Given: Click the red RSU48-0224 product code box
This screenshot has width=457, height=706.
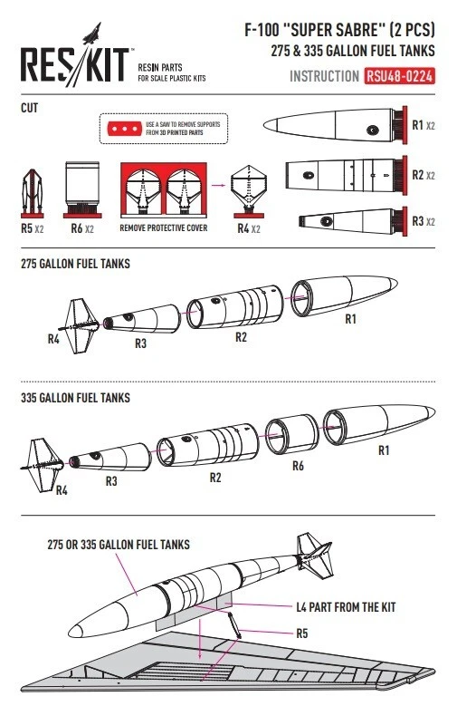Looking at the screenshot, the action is point(399,76).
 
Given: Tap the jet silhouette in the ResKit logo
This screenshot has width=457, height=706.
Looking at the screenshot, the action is point(92,34).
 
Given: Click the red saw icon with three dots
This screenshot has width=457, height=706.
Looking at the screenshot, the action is point(124,129).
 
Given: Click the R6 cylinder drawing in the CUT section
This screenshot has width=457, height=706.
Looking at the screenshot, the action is point(82,189).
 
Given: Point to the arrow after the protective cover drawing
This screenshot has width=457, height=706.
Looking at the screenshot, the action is point(219,185).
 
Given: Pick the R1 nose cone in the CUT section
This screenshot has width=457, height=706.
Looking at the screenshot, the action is point(335,125).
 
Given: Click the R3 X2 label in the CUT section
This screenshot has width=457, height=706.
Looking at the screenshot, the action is point(424,221).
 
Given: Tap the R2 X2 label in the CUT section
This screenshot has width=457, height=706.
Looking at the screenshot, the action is point(424,175).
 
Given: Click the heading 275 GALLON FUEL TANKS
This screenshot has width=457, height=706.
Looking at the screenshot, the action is point(75,264).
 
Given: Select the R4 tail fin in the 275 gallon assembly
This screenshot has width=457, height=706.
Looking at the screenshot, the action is point(79,325).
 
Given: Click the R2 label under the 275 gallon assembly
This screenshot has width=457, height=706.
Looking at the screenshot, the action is point(241,337).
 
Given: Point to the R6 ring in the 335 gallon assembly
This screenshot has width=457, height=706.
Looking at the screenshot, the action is point(291,434).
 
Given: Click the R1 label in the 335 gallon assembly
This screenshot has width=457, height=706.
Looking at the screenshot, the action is point(384,450).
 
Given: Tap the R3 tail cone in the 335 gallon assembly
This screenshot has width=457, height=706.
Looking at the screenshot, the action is point(110,458).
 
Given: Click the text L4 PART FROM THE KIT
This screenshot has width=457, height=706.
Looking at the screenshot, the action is point(346,607).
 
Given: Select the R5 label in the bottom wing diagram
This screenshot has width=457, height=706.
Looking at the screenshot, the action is point(302,633).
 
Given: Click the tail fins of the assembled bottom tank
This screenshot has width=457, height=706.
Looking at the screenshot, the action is point(315,556).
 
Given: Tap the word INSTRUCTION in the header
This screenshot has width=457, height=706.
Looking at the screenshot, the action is point(324,76).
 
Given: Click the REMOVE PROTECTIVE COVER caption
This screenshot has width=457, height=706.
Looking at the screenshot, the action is point(164,228).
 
